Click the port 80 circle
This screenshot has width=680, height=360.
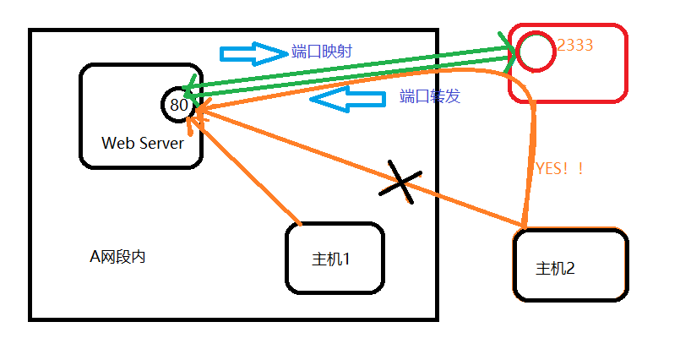[178, 105]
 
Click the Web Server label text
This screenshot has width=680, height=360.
[142, 143]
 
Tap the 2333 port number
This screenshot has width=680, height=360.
[575, 45]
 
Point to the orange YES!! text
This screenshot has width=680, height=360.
[559, 168]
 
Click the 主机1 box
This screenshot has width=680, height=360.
[335, 259]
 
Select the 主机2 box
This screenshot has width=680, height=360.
[570, 265]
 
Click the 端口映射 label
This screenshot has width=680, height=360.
[322, 52]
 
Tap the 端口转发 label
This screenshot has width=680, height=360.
[430, 96]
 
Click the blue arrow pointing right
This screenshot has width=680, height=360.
[253, 53]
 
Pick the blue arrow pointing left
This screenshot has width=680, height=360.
[346, 98]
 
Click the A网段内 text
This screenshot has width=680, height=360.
[117, 256]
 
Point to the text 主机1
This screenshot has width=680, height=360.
[331, 259]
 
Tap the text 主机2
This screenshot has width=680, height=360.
[555, 269]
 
